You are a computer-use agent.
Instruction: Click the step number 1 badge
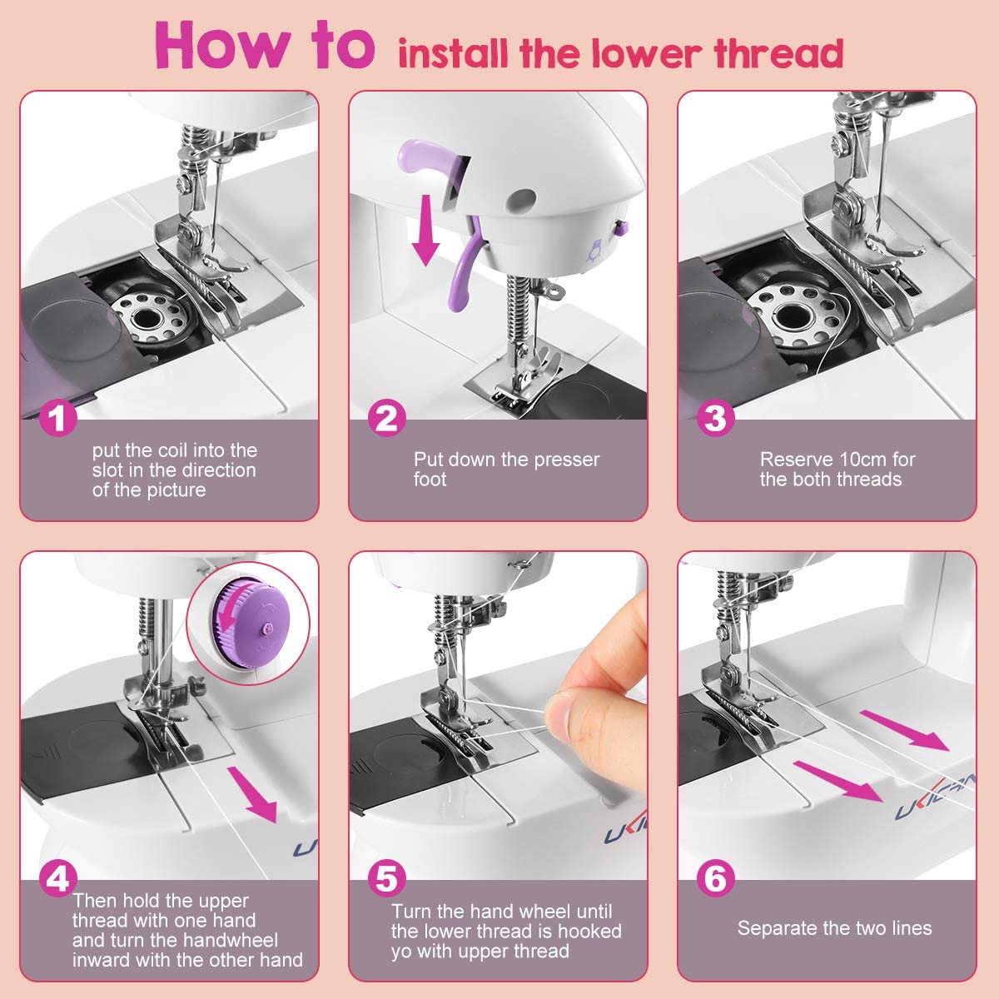tap(58, 418)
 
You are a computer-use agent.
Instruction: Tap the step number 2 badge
tap(387, 418)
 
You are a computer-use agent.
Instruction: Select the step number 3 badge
tap(715, 418)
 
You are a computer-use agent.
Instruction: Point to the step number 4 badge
tap(58, 878)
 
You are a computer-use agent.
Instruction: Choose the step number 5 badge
tap(387, 878)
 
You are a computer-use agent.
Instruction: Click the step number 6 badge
tap(715, 878)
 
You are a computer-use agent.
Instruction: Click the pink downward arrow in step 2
tap(426, 230)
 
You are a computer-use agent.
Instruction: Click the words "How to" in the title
tap(265, 46)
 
